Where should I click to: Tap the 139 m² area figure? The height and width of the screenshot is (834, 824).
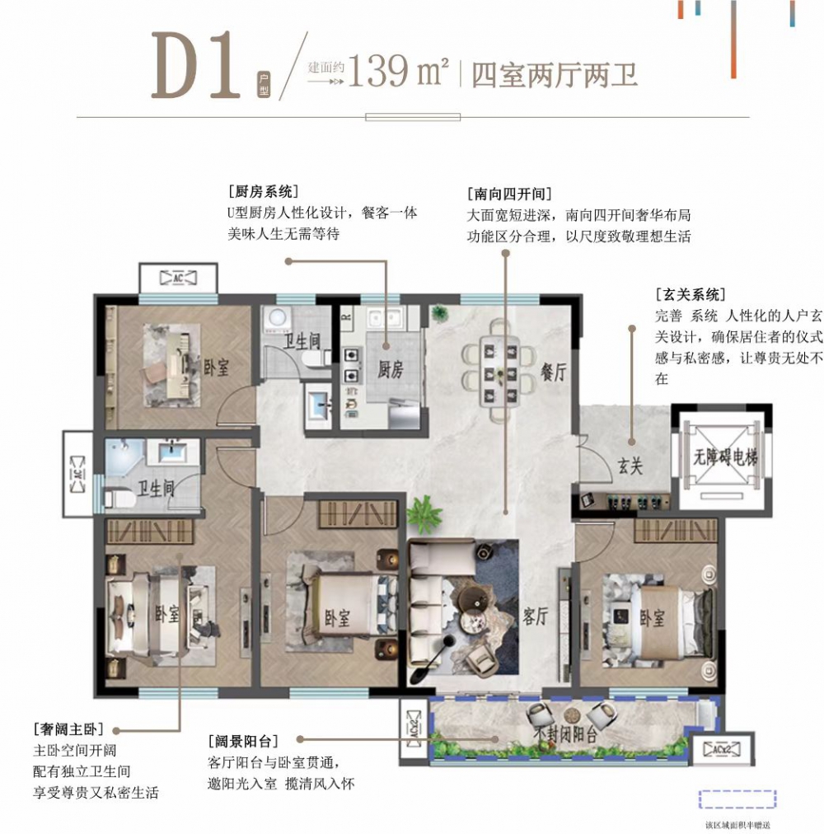(398, 73)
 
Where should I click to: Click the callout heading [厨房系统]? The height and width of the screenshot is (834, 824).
(263, 191)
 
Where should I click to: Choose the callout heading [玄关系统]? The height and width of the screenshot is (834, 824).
(690, 294)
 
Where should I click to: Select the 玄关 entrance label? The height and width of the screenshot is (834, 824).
(629, 467)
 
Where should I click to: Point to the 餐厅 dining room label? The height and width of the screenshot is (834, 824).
(555, 372)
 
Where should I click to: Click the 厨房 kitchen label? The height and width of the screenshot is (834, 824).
(389, 369)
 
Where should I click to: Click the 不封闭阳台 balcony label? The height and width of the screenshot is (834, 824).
(564, 735)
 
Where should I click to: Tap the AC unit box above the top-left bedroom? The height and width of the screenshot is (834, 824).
(177, 279)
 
